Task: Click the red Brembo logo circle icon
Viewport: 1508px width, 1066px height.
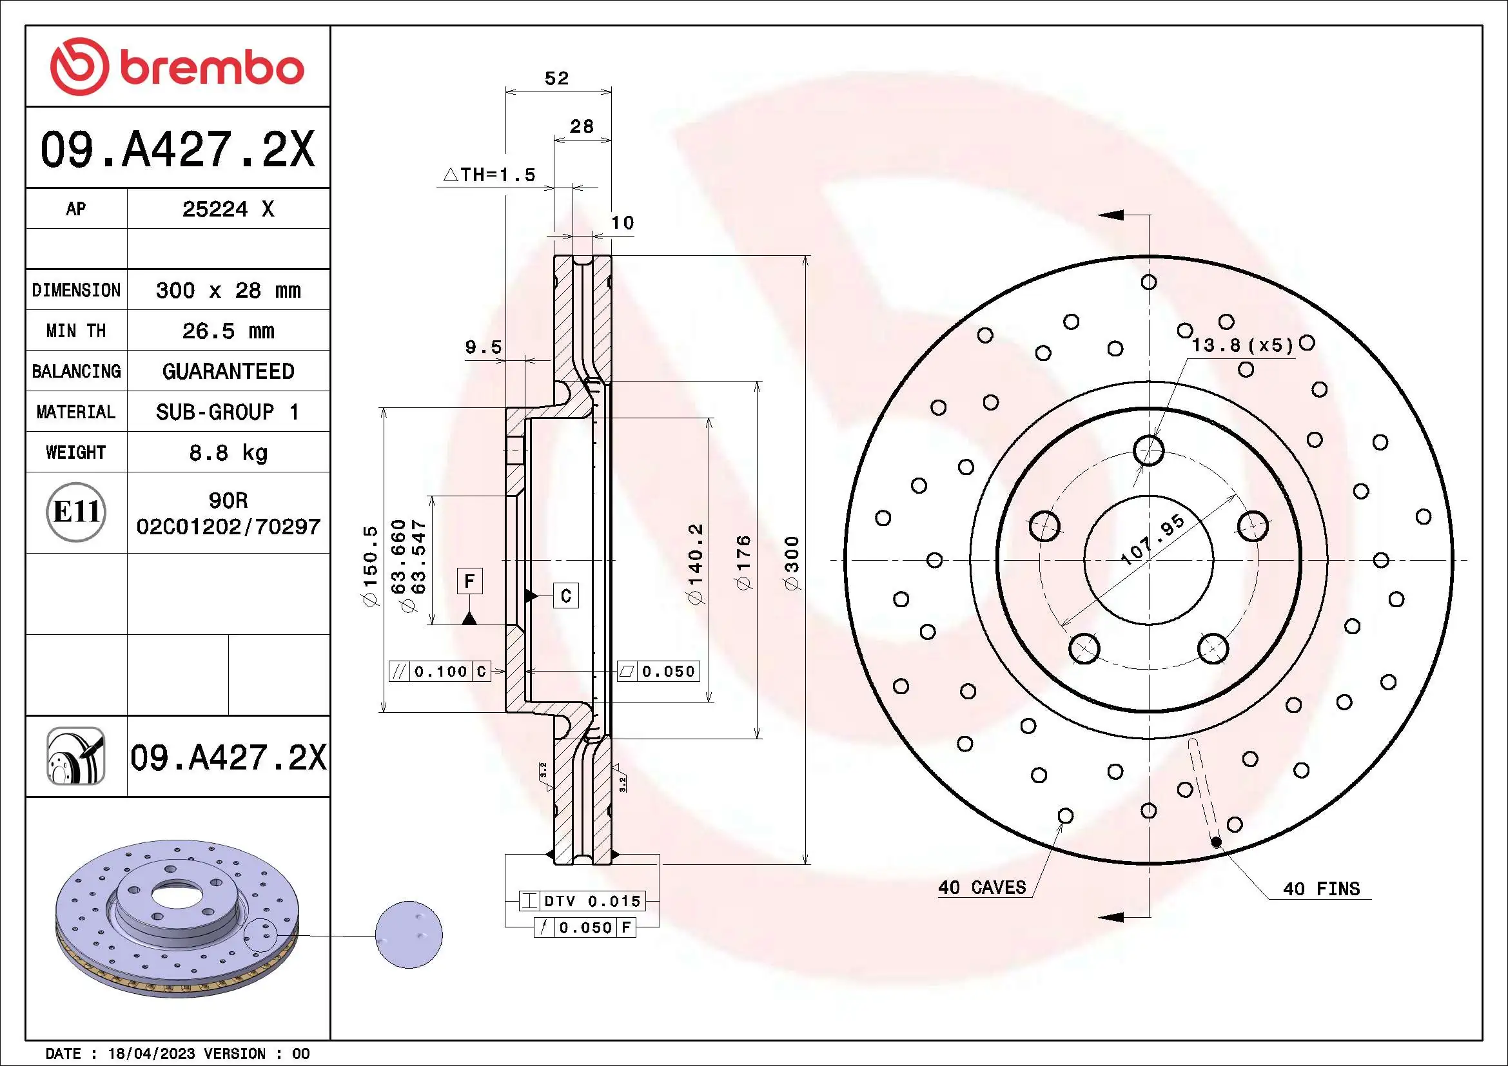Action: [79, 66]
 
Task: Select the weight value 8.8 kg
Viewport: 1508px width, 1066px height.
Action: [228, 453]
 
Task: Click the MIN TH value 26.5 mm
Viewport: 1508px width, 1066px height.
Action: [228, 331]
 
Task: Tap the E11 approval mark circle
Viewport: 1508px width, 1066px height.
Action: [76, 512]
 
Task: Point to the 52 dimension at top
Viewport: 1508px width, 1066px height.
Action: [556, 79]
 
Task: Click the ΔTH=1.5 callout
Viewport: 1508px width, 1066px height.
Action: [489, 175]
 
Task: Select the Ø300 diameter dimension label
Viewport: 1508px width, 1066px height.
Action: [792, 563]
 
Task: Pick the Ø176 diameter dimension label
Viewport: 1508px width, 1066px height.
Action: [744, 563]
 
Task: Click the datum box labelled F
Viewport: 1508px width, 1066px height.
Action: [469, 581]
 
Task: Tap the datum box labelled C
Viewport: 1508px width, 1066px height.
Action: [566, 596]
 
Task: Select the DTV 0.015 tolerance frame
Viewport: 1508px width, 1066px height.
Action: [582, 901]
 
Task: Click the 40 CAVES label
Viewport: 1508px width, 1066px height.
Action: [981, 888]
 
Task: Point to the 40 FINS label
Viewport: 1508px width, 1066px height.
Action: [1321, 889]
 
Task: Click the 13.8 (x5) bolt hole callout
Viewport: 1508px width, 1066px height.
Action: [1241, 345]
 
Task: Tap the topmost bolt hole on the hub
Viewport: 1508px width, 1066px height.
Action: [1148, 451]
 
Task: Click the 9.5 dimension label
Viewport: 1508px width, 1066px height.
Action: [484, 347]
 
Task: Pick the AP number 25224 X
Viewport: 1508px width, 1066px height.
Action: [228, 209]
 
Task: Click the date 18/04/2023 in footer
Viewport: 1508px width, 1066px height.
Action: [151, 1054]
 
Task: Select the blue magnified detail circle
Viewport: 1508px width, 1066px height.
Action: [409, 934]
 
